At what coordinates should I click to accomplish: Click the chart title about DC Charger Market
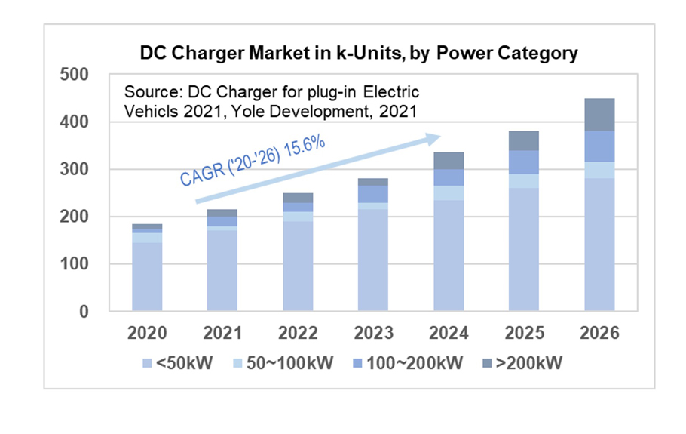[x=359, y=54]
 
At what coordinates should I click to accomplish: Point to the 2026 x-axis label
[x=599, y=333]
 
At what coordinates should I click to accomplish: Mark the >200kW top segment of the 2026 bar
[x=599, y=115]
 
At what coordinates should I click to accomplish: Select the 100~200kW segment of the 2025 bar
[x=525, y=162]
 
